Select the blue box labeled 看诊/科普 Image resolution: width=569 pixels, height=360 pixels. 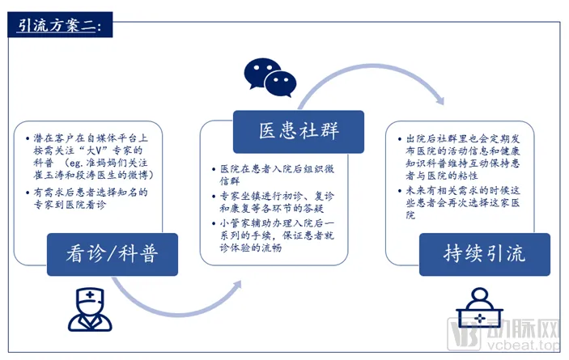(x=112, y=254)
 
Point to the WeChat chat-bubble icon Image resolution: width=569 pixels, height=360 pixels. (x=270, y=75)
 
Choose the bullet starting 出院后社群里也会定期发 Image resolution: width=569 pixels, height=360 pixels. (x=470, y=155)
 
